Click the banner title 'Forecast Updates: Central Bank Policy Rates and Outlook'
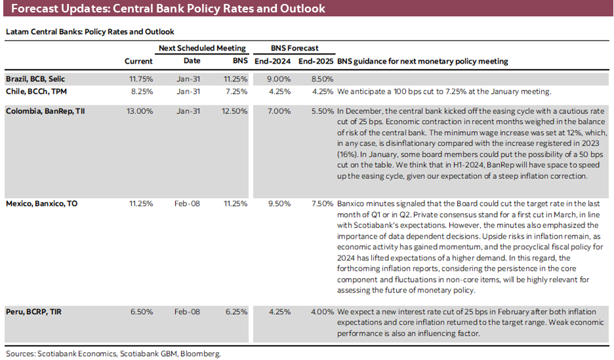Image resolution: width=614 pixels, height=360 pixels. [x=168, y=9]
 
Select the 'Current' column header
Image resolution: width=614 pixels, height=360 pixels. [x=138, y=62]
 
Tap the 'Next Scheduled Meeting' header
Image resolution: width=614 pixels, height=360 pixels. [x=202, y=48]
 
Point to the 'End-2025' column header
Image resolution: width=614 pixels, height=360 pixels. [x=316, y=62]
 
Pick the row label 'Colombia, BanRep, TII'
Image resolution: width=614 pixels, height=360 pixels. [x=45, y=111]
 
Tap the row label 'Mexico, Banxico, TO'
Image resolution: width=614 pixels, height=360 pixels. [x=41, y=203]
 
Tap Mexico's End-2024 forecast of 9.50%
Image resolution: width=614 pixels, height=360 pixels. [x=279, y=203]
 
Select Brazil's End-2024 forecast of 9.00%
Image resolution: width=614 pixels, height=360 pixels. [x=279, y=79]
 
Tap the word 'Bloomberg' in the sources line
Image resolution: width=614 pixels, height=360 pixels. [x=201, y=353]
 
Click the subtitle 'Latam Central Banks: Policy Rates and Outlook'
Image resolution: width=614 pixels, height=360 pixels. [x=89, y=31]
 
